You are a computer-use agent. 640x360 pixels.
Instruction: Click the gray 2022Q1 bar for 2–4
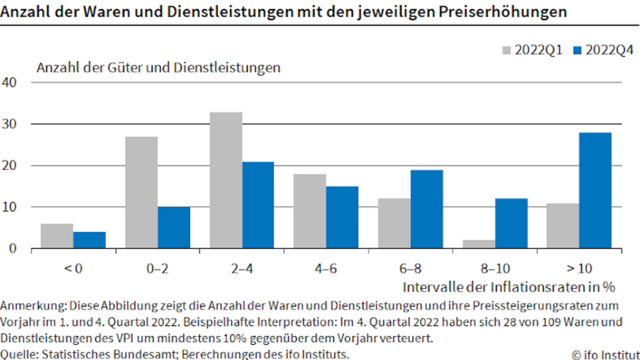pos(226,180)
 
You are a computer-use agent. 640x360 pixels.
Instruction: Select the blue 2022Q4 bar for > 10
pos(595,190)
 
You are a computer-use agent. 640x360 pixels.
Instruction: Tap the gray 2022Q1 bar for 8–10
pos(479,244)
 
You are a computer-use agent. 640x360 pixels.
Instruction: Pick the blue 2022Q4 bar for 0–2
pos(174,227)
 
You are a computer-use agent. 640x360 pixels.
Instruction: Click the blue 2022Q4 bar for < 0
pos(89,240)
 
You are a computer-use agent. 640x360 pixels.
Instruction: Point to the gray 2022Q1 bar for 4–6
pos(309,211)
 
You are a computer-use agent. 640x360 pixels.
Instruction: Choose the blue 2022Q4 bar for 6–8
pos(427,209)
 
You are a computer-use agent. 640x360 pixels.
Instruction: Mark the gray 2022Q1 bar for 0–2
pos(141,192)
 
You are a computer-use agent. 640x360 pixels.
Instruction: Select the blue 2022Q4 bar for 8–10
pos(511,223)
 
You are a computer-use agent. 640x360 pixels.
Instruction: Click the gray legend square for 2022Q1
pos(506,50)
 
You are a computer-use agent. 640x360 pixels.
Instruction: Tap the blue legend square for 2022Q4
pos(577,50)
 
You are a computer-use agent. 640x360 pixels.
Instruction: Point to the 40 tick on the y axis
pos(9,82)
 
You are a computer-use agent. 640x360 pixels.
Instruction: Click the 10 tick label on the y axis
pos(9,207)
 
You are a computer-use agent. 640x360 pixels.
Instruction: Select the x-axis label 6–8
pos(410,268)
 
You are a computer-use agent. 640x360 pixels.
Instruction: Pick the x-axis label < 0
pos(73,268)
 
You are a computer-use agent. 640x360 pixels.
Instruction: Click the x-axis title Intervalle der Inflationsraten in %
pos(509,287)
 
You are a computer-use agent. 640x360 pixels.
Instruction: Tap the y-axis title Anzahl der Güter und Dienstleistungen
pos(158,68)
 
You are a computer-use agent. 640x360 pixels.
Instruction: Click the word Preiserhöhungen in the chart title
pos(503,12)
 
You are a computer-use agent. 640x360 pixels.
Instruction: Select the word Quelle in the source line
pos(19,355)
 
